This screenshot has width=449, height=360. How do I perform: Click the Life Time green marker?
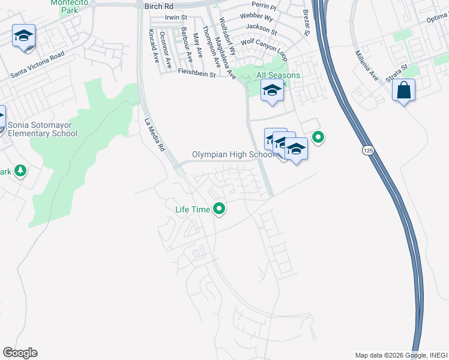(220, 209)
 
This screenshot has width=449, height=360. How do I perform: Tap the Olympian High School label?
(233, 155)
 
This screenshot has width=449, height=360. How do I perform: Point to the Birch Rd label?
(158, 5)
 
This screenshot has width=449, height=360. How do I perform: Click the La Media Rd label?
(155, 133)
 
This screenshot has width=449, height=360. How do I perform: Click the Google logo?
(20, 353)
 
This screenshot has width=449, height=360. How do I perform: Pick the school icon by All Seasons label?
(272, 91)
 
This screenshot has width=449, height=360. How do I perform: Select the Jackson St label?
(262, 29)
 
